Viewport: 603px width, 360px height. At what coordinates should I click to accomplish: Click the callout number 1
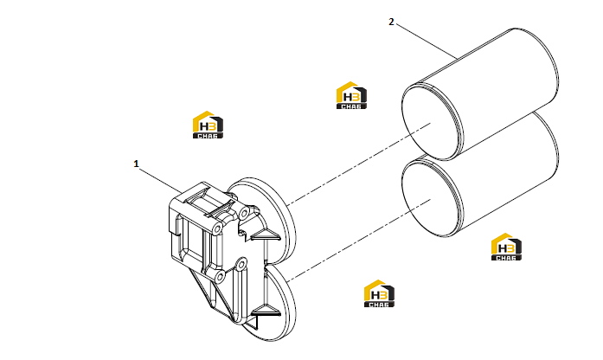point(136,164)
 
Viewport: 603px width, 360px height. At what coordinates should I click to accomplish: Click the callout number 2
point(391,22)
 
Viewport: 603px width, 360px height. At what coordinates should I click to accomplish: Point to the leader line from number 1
point(161,179)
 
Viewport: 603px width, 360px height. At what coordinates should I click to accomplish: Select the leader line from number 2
point(427,42)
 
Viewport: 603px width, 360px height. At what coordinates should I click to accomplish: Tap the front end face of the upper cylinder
point(430,123)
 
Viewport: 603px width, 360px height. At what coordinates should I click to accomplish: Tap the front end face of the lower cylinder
point(430,198)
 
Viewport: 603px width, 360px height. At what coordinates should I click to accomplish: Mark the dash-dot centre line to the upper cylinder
point(359,163)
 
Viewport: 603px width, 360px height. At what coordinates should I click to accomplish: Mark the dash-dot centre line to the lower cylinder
point(359,240)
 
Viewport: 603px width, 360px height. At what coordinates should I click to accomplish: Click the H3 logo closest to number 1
point(208,125)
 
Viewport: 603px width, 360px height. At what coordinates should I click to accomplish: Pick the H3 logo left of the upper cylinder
point(351,95)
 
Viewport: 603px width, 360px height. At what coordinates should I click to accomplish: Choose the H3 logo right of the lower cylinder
point(506,247)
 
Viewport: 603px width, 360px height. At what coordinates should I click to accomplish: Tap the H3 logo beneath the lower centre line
point(379,293)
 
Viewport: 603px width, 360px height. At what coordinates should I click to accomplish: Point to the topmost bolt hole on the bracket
point(244,213)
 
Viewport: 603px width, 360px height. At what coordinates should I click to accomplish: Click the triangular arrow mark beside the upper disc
point(265,235)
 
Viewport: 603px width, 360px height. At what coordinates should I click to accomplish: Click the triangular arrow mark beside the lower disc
point(265,310)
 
